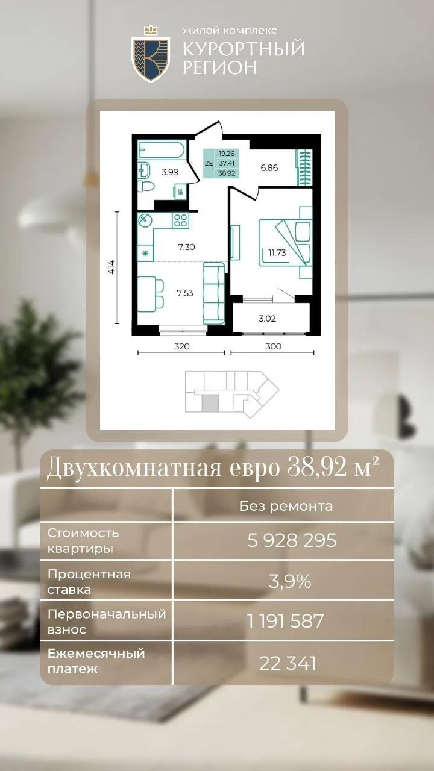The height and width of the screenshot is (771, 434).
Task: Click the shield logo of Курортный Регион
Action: pyautogui.click(x=151, y=55)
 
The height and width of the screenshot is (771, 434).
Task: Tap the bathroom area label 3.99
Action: pyautogui.click(x=170, y=172)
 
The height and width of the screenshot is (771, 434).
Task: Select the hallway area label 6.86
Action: pyautogui.click(x=269, y=168)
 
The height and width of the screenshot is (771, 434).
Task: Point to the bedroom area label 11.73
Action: pyautogui.click(x=277, y=253)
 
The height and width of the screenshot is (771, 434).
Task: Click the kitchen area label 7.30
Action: pyautogui.click(x=187, y=247)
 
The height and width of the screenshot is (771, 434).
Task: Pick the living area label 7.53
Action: pyautogui.click(x=185, y=293)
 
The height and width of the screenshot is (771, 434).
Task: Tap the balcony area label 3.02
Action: pyautogui.click(x=267, y=319)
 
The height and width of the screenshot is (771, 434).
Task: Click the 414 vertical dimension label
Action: pyautogui.click(x=112, y=267)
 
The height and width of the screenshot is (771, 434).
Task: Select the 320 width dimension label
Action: pyautogui.click(x=181, y=346)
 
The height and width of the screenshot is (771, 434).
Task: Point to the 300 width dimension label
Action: pyautogui.click(x=273, y=346)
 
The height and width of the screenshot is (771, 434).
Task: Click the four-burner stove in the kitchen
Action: pyautogui.click(x=180, y=220)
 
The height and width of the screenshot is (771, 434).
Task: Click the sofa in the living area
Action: pyautogui.click(x=213, y=293)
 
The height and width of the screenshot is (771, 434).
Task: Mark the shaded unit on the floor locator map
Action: pyautogui.click(x=210, y=404)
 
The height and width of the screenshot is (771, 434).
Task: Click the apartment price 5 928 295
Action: pyautogui.click(x=292, y=540)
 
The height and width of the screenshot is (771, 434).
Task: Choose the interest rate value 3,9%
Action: pyautogui.click(x=290, y=581)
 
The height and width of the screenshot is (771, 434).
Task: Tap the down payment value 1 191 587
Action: pyautogui.click(x=286, y=621)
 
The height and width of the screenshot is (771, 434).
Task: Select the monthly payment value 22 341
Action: pyautogui.click(x=288, y=663)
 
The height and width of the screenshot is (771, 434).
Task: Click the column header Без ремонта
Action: pyautogui.click(x=286, y=506)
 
